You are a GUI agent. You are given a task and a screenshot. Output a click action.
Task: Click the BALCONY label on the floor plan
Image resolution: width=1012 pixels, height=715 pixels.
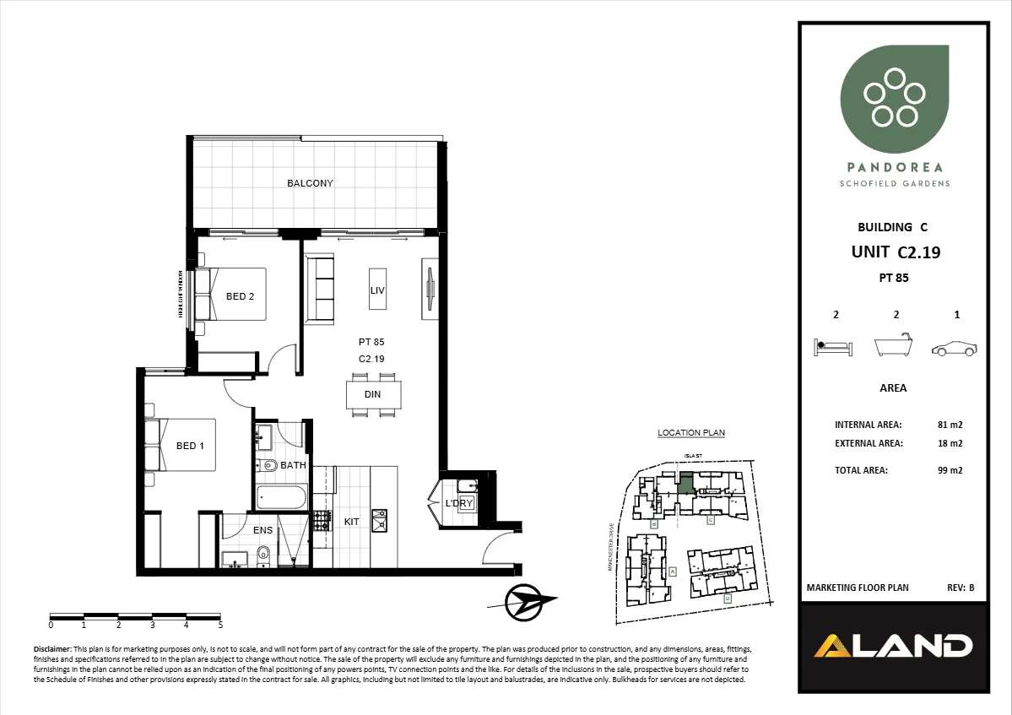point(310,183)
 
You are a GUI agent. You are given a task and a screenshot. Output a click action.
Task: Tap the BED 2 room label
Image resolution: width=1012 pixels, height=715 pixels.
point(241,296)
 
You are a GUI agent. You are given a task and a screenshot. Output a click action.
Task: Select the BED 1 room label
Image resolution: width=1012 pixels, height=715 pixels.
point(190,446)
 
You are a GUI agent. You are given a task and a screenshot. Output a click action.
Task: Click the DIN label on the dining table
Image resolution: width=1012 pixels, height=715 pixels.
point(372,394)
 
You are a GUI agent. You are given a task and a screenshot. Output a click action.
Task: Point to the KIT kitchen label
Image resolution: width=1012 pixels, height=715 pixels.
point(351,522)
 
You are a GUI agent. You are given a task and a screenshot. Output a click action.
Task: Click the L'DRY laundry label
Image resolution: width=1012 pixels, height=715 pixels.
point(459,504)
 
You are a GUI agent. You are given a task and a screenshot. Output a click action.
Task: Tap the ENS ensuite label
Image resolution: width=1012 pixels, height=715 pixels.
point(262,530)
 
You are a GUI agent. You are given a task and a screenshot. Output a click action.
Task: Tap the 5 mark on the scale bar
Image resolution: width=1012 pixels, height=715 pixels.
point(220,626)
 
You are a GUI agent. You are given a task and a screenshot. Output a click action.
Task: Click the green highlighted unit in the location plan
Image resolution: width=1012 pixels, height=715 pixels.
point(686,483)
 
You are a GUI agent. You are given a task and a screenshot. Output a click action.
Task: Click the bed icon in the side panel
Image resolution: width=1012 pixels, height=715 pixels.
point(834,347)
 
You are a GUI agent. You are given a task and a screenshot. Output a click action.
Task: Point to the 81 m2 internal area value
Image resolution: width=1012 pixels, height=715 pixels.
point(950,425)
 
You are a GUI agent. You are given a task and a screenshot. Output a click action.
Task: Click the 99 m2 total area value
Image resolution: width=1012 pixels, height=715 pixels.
point(950,470)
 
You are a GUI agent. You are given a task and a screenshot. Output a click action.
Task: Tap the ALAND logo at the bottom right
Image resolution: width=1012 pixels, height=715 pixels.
point(893,646)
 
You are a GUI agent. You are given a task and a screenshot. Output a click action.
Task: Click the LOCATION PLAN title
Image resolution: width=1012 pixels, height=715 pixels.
point(691,433)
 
